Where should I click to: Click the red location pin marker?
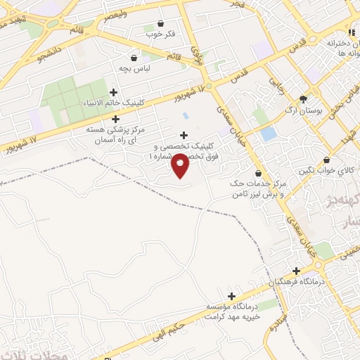181,165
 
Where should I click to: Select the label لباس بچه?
134,70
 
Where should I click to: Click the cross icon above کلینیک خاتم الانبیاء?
114,92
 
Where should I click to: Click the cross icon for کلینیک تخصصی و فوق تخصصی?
184,136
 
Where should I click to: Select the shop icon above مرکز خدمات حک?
258,173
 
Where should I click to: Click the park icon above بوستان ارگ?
303,99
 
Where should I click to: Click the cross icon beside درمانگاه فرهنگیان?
297,270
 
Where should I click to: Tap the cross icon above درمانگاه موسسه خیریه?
231,296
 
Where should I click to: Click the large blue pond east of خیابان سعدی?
268,134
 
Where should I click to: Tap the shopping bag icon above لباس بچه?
134,57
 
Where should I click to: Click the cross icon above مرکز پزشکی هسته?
115,119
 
